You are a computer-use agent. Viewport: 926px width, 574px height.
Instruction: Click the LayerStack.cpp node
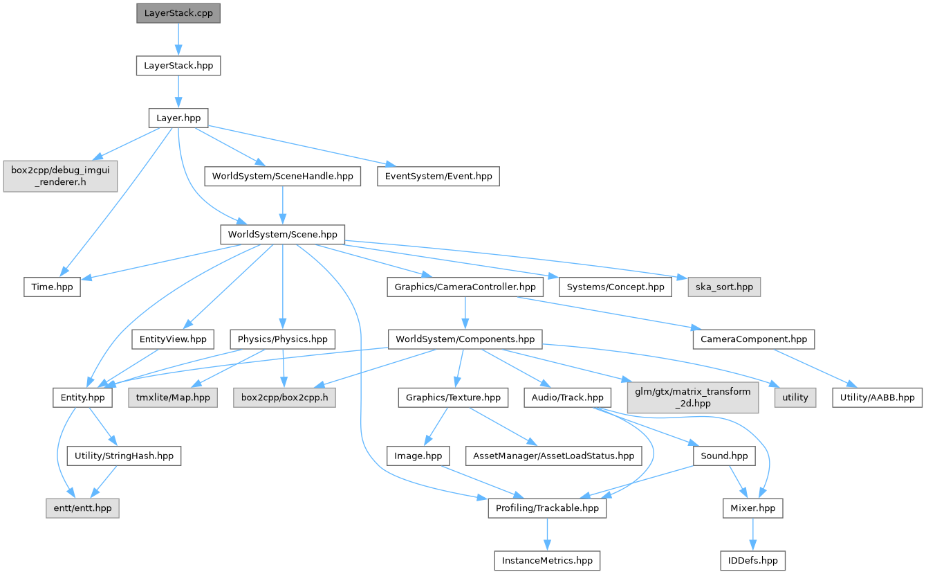pos(178,13)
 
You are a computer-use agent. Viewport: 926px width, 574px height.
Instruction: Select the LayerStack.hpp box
pos(178,66)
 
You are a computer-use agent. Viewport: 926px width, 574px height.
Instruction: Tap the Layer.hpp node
pos(178,118)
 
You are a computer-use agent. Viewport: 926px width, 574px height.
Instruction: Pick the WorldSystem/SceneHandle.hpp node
pos(282,176)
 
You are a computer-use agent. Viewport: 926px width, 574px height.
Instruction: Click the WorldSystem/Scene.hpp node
pos(282,234)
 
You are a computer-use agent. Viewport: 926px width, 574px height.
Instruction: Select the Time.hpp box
pos(52,287)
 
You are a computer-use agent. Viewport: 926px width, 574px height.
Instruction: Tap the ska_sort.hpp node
pos(724,287)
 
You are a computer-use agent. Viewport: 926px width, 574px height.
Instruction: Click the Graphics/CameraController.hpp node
pos(465,287)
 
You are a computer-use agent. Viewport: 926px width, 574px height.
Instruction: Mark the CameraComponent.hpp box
pos(753,339)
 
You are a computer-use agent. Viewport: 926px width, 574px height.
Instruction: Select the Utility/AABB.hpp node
pos(876,397)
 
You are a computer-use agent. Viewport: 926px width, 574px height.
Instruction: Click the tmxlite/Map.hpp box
pos(172,397)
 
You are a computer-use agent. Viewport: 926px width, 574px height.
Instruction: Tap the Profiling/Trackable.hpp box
pos(548,508)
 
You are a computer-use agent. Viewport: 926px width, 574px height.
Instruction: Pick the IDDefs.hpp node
pos(752,560)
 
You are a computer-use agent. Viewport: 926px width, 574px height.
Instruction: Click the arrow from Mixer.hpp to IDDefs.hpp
pos(752,535)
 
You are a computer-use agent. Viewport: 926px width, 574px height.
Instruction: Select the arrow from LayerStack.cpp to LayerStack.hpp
pos(178,39)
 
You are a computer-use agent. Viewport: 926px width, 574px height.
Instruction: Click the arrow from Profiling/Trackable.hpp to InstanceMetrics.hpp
pos(548,535)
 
